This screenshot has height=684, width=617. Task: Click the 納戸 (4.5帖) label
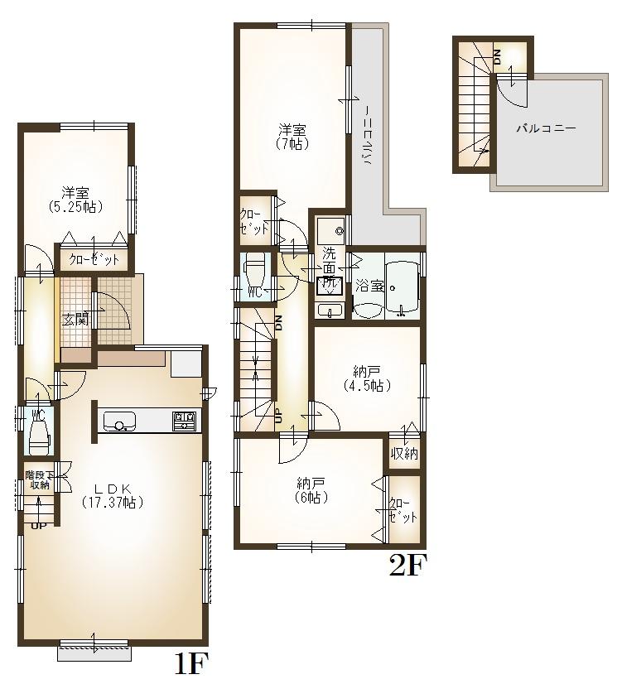366,378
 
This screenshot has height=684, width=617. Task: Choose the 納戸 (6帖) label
312,490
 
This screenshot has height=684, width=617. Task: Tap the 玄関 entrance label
75,319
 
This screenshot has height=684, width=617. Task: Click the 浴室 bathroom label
369,287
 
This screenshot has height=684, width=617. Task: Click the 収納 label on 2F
405,454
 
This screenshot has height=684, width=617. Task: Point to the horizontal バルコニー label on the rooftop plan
546,129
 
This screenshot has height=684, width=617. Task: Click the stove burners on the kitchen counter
185,421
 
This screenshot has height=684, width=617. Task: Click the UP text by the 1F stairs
38,525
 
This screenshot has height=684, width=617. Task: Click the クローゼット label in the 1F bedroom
94,259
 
